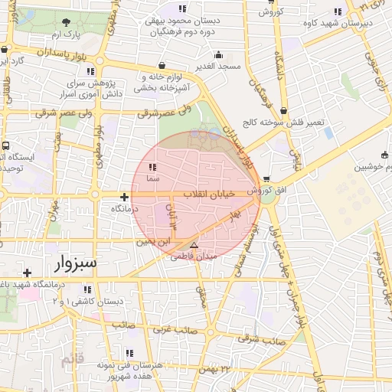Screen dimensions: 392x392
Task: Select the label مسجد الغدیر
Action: tap(217, 67)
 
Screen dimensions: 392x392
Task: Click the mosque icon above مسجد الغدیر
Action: tap(218, 54)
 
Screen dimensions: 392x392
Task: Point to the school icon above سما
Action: tap(152, 166)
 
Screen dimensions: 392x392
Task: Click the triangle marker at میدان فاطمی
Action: tap(194, 246)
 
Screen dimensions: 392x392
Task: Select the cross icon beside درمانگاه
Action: tap(124, 197)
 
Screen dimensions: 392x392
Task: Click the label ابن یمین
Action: tap(151, 241)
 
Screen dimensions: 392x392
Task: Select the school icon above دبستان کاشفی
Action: tap(87, 289)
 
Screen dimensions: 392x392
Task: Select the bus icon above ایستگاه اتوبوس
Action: tap(6, 145)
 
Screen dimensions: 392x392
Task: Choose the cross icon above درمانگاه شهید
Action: tap(27, 273)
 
